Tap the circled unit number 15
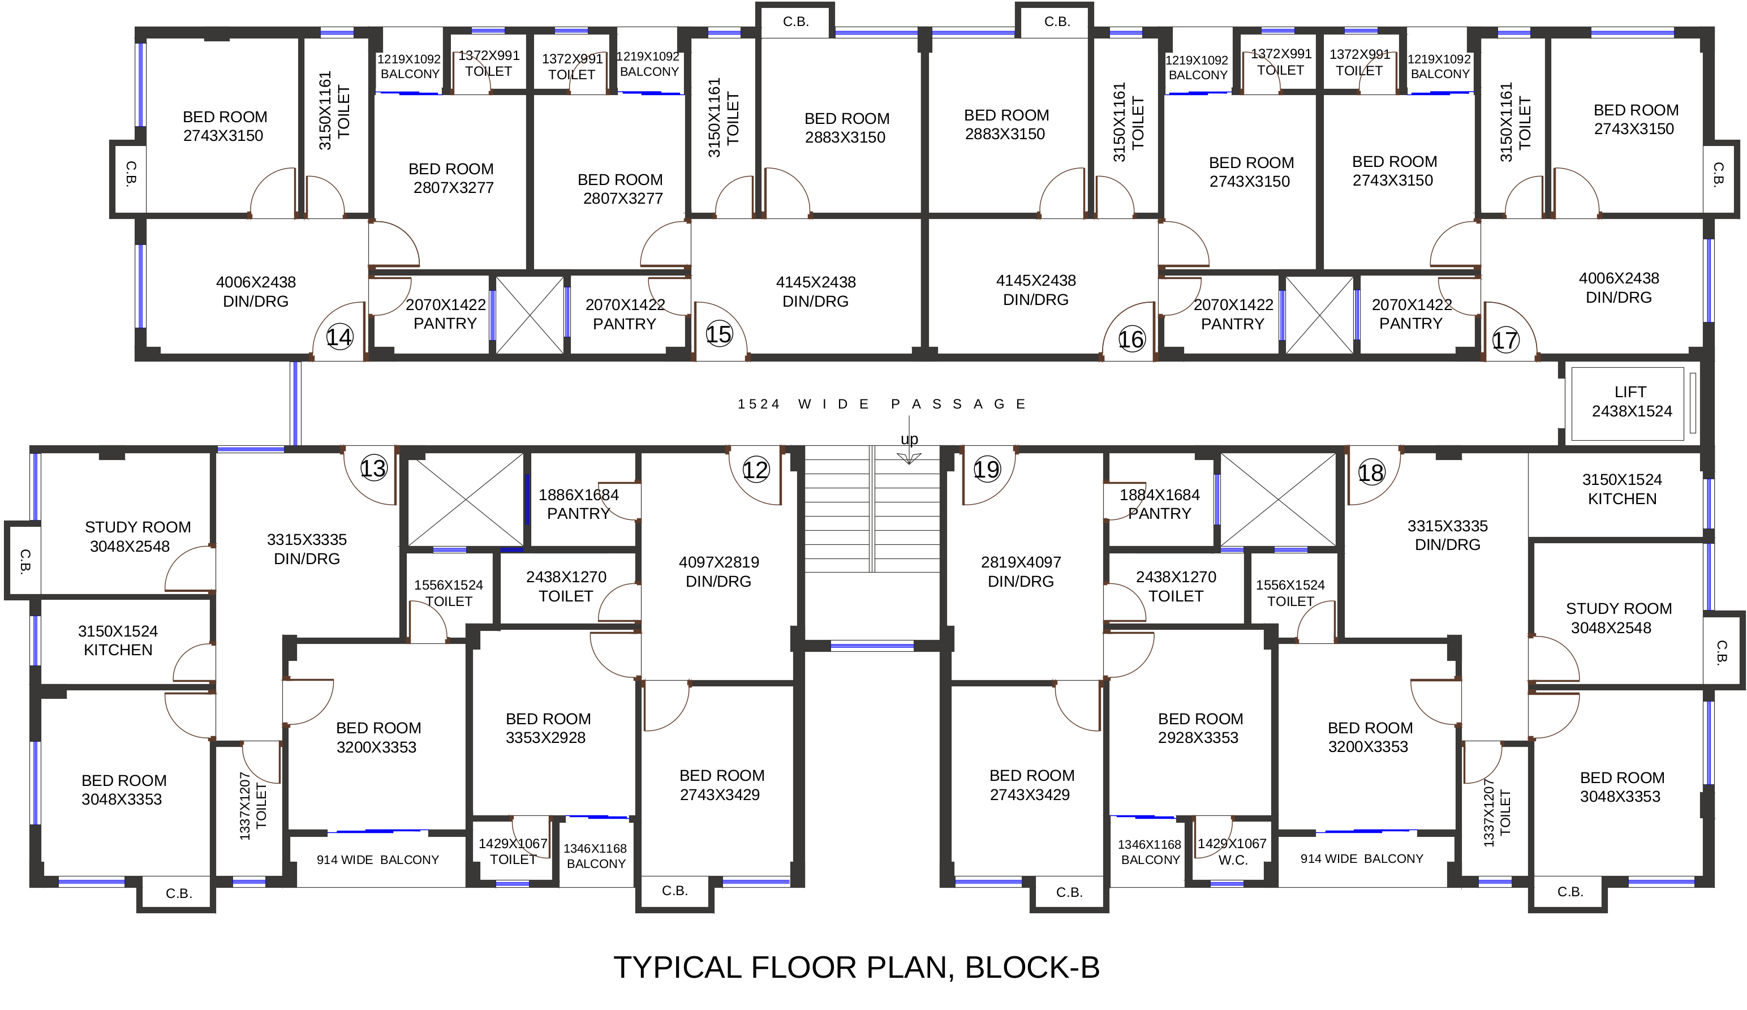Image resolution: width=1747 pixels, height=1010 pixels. coord(719,335)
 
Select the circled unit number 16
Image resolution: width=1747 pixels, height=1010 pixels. coord(1131,339)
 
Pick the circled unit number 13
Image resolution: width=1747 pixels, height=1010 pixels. coord(373,469)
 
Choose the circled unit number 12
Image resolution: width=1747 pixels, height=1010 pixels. coord(756,470)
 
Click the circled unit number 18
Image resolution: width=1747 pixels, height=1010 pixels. coord(1371,473)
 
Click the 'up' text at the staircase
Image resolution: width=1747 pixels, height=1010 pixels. coord(909,439)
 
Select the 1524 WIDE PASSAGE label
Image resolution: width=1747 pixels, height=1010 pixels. coord(881,404)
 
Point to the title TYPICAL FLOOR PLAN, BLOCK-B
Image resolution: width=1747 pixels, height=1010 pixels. coord(856,967)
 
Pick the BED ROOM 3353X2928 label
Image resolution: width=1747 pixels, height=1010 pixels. coord(548,728)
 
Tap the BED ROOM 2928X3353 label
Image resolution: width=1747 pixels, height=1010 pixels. coord(1200,728)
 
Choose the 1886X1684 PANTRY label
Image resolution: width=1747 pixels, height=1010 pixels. coord(578,504)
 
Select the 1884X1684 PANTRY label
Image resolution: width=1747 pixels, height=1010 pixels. coord(1159,504)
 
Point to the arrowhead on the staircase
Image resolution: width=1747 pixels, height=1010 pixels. coord(909,458)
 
